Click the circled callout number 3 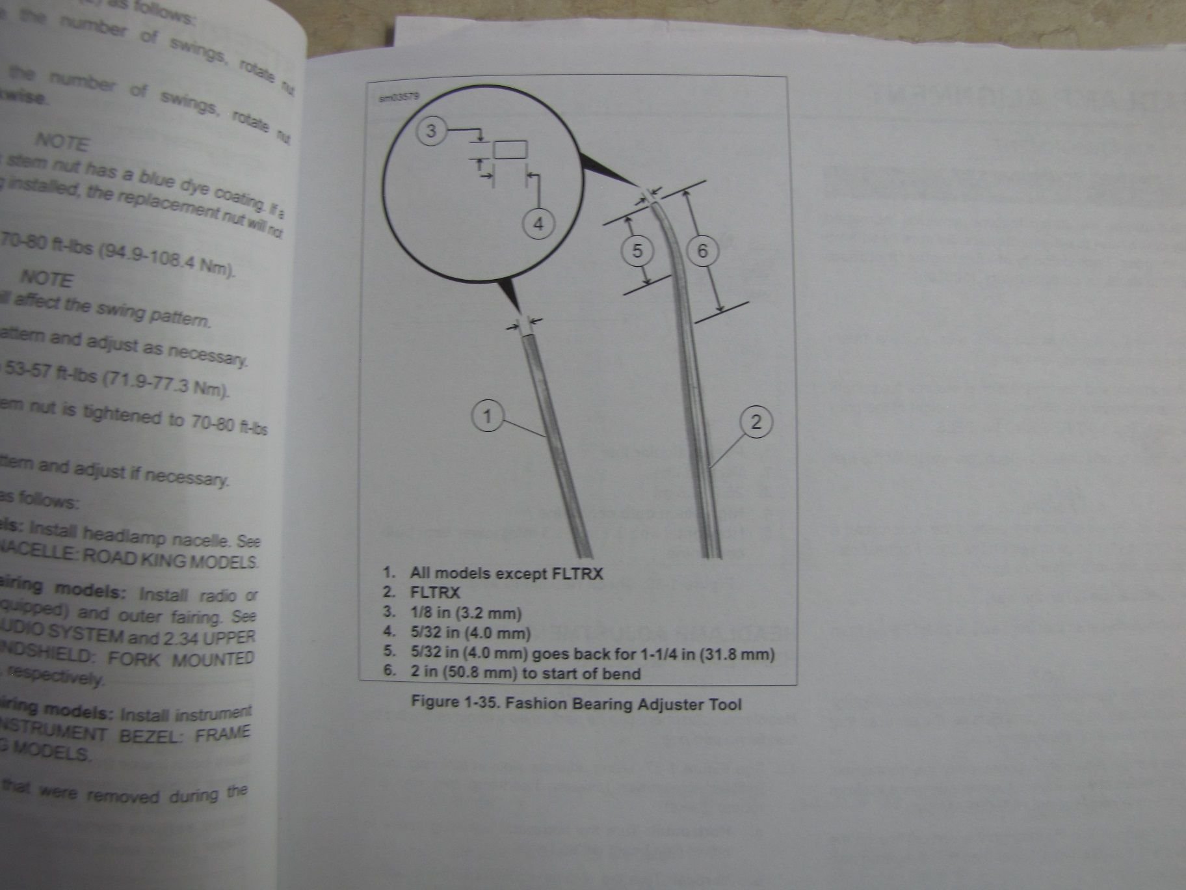[431, 131]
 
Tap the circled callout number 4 [538, 224]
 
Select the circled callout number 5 [637, 250]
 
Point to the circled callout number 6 [702, 250]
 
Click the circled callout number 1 [488, 415]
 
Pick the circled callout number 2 [756, 422]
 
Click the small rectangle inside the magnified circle [510, 150]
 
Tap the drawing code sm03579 [399, 98]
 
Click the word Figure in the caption [433, 703]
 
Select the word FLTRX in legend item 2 [435, 593]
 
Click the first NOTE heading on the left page [61, 141]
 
